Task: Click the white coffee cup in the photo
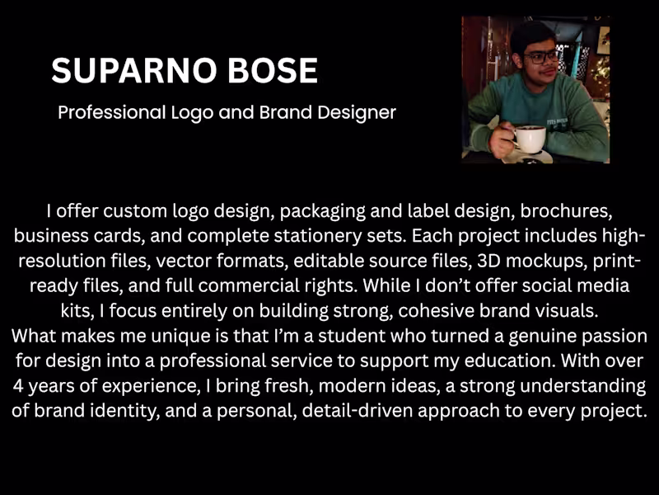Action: [x=530, y=138]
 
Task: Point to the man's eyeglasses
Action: [x=540, y=57]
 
